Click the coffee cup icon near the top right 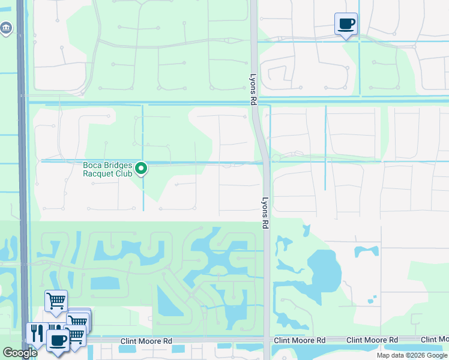click(346, 24)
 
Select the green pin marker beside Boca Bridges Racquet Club click(142, 169)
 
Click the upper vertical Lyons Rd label click(253, 88)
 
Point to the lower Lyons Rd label click(265, 213)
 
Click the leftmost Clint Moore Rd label click(146, 341)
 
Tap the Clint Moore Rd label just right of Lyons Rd click(300, 340)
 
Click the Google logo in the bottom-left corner click(20, 353)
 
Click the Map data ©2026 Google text click(412, 355)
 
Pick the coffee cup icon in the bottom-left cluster click(58, 341)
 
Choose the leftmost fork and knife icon click(36, 333)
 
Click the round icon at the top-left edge click(7, 28)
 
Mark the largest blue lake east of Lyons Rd click(324, 270)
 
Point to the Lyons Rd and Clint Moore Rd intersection click(267, 341)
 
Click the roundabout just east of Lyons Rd click(277, 158)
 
